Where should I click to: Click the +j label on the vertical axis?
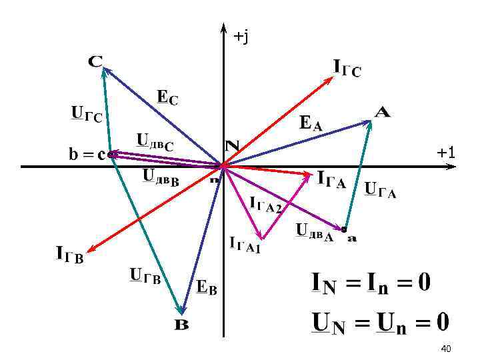tap(241, 37)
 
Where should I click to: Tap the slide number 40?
tap(446, 349)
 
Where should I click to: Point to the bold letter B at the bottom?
tap(182, 325)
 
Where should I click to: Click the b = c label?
tap(85, 155)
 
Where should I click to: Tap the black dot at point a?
tap(344, 230)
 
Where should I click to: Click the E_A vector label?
tap(311, 123)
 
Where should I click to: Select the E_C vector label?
tap(167, 97)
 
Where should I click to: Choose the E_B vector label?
tap(207, 287)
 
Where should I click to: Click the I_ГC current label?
tap(347, 67)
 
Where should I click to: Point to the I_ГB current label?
tap(69, 254)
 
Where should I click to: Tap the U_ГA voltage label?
tap(381, 191)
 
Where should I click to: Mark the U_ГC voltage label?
tap(87, 115)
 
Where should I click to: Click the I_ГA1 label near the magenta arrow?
tap(245, 245)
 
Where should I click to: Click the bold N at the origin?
tap(232, 145)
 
